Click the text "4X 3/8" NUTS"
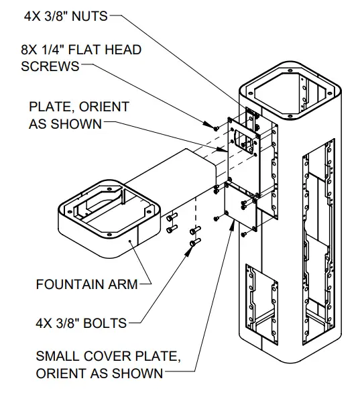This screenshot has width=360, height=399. [x=65, y=15]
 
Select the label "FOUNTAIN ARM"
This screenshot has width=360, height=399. [x=86, y=284]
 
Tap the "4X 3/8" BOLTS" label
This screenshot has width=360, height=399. [x=81, y=323]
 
